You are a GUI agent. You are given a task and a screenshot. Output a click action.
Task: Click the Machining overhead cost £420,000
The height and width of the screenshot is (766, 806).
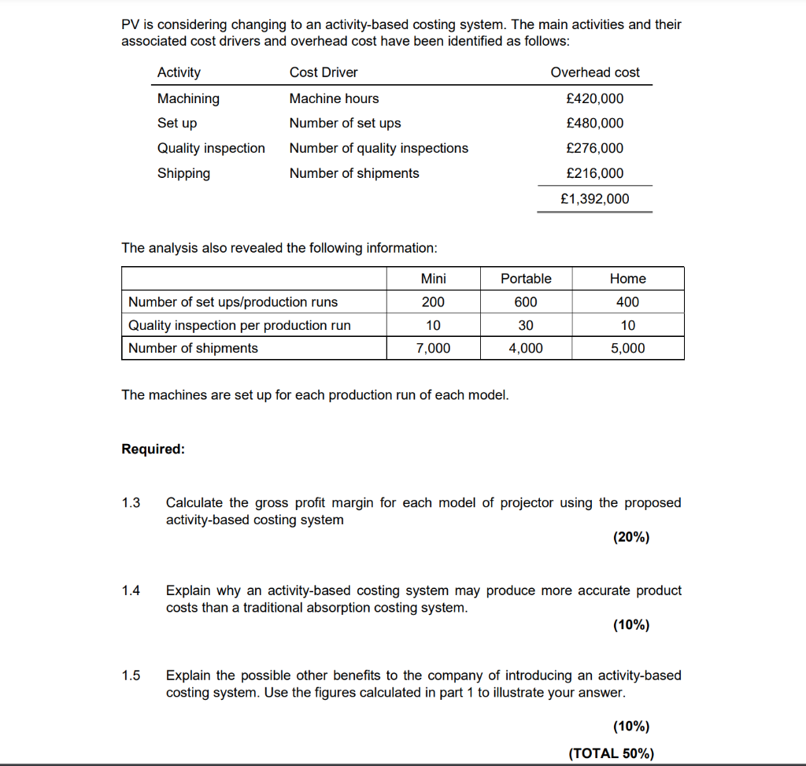(x=594, y=98)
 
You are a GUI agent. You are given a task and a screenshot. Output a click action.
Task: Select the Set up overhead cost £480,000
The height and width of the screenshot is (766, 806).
(x=594, y=123)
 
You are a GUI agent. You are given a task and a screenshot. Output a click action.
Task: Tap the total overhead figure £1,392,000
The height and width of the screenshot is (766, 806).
(x=594, y=199)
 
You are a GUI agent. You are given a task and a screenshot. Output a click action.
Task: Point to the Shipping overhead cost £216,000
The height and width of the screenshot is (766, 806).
(x=594, y=173)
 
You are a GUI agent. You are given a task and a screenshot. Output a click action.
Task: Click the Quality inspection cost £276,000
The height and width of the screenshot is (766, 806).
(x=594, y=148)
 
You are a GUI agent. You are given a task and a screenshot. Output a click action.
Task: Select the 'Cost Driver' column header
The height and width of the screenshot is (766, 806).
(x=324, y=72)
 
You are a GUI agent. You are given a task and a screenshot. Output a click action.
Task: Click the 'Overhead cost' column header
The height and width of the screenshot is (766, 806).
(x=595, y=72)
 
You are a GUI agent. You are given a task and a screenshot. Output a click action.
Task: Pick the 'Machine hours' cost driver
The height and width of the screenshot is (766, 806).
(x=334, y=98)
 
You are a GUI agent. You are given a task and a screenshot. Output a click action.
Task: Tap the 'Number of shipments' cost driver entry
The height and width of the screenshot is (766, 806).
(x=354, y=173)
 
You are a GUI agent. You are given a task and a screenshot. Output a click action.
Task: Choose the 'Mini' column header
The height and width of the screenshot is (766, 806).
(x=433, y=279)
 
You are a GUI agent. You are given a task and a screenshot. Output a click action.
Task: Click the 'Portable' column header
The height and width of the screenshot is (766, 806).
(x=526, y=279)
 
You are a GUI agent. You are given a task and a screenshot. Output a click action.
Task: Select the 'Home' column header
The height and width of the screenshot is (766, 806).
(x=627, y=279)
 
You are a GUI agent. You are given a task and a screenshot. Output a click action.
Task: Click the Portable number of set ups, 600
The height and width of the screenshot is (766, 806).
(x=526, y=302)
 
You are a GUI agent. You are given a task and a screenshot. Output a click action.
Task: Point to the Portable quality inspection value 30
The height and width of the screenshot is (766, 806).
(x=526, y=325)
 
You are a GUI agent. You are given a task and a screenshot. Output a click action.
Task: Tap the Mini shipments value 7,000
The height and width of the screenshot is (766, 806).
(x=433, y=348)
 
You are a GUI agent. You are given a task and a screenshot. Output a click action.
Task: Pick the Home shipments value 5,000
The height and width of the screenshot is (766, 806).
(x=627, y=348)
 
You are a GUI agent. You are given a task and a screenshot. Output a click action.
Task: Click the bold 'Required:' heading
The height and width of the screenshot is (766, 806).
(x=153, y=449)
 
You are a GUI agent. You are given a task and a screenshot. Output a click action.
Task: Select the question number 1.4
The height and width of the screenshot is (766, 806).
(x=131, y=590)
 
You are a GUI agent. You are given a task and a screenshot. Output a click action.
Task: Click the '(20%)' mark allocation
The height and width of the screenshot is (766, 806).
(x=630, y=538)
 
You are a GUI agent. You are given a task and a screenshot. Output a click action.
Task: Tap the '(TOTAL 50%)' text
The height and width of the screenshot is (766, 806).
(x=611, y=753)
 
